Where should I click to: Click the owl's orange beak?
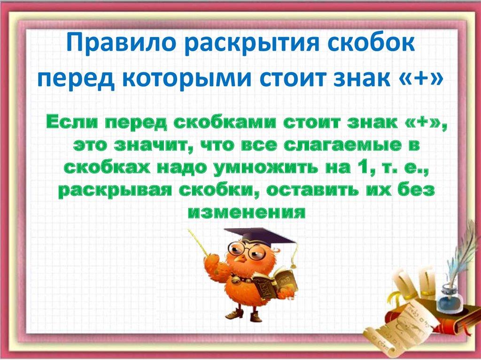tap(240, 259)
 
